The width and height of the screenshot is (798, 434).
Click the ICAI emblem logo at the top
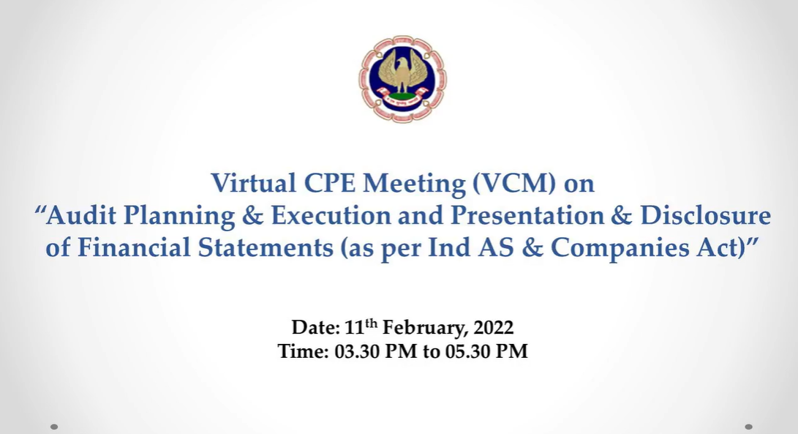coord(402,79)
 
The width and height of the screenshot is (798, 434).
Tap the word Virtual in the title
coord(254,182)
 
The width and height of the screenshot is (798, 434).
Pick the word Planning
coord(179,216)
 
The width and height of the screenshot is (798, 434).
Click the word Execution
coord(331,215)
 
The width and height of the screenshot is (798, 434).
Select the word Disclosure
coord(705,215)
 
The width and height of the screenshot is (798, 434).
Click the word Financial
coord(133,247)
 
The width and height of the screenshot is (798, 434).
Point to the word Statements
coord(266,247)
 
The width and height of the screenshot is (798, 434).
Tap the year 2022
coord(493,327)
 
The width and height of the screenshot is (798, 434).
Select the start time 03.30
coord(357,351)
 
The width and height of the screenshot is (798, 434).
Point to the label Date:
coord(315,327)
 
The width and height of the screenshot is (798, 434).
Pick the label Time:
coord(304,351)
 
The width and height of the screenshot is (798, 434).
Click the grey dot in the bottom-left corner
coord(54,427)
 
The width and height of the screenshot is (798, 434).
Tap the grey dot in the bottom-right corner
coord(749,427)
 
